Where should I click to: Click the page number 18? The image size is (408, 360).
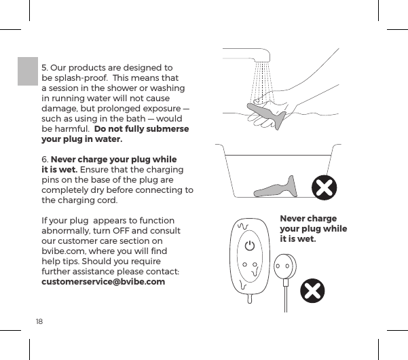click(39, 320)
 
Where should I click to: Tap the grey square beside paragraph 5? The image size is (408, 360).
click(28, 71)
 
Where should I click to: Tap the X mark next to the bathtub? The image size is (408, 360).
click(324, 188)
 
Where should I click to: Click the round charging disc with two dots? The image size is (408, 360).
click(285, 267)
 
